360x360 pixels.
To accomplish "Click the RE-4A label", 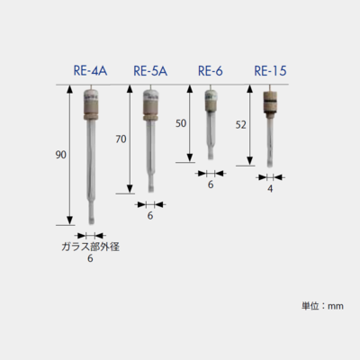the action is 90,71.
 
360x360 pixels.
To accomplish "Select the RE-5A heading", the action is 150,71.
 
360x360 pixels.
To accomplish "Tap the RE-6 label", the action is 211,71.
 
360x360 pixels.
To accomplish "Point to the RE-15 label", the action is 270,71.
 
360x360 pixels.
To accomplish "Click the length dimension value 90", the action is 60,155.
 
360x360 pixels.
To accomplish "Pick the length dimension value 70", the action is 121,139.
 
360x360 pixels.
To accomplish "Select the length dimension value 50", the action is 181,123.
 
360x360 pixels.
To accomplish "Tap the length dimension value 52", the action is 241,125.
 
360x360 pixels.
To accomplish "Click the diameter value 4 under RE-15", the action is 270,189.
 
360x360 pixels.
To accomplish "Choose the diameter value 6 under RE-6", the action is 211,184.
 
